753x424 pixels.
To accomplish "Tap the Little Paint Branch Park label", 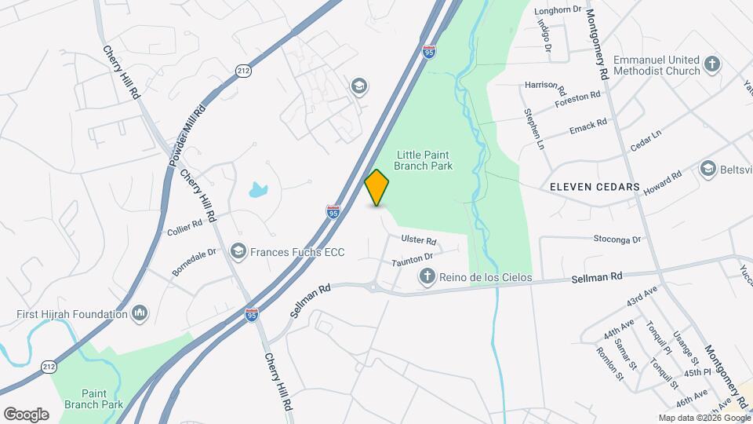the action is (426, 160).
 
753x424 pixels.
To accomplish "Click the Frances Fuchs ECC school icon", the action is (238, 252).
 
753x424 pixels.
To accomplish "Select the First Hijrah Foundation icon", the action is (140, 314).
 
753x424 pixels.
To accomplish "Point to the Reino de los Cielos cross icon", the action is (427, 276).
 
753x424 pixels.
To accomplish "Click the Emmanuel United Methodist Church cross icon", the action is (712, 65).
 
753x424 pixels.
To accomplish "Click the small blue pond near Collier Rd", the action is (258, 190).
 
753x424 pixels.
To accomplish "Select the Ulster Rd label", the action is (418, 241).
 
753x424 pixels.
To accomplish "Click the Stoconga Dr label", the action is (617, 239).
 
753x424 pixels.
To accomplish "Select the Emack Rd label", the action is (589, 124).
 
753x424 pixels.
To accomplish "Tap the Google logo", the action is (26, 414).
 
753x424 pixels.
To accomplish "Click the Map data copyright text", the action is (703, 418).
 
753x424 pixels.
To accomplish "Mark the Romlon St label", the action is (609, 364).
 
